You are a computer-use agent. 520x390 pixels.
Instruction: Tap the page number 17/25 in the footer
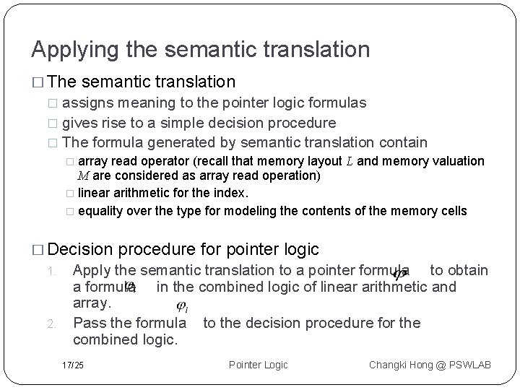click(x=72, y=365)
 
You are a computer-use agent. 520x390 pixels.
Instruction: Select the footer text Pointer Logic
click(x=258, y=365)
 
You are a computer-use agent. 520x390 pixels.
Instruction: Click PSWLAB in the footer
click(x=469, y=365)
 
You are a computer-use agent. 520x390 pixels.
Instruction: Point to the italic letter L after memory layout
click(x=350, y=161)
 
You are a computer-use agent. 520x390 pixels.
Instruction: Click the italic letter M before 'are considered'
click(x=82, y=175)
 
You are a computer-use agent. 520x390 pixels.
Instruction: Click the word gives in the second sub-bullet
click(x=79, y=123)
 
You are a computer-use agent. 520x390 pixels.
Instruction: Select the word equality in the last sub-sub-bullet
click(x=100, y=211)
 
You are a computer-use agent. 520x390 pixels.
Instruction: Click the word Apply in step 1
click(x=92, y=270)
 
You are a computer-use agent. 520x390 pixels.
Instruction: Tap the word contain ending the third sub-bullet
click(x=402, y=142)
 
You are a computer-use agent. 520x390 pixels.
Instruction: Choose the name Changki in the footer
click(x=391, y=365)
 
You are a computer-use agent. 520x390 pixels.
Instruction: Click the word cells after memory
click(x=453, y=211)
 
